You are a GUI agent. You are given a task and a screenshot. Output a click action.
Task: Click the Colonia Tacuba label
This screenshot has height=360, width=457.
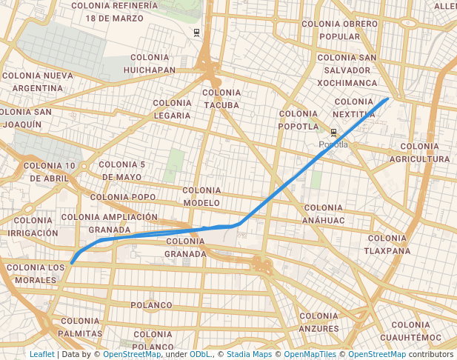coord(221,99)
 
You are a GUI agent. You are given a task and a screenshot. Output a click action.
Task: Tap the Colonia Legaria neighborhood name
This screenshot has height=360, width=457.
coord(173,109)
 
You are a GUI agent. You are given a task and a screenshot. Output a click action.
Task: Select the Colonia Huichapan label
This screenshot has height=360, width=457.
coord(153,64)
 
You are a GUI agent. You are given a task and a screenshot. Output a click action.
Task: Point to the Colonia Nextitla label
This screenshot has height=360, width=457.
coord(354,107)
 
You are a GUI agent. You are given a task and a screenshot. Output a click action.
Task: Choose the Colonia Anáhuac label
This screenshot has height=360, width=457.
coord(323,214)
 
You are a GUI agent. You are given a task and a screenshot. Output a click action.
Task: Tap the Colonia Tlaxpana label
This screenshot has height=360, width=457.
coord(387,244)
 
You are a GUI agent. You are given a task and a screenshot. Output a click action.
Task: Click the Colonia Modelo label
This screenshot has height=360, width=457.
coord(201,196)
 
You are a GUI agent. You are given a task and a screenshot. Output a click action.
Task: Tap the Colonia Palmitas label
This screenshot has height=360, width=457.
coord(80,327)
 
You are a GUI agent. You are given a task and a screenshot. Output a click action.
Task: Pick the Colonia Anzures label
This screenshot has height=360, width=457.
coord(318,321)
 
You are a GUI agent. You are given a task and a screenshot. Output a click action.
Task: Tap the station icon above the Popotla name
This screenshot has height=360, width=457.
coord(334,133)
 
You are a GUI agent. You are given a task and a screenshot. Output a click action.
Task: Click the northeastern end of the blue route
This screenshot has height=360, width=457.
coord(387,99)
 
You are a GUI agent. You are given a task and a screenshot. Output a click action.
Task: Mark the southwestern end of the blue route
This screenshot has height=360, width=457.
coord(72,262)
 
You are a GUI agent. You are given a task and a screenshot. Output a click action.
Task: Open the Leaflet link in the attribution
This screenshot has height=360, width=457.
coord(41,354)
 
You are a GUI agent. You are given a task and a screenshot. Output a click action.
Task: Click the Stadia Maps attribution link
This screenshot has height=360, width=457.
coord(248,354)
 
